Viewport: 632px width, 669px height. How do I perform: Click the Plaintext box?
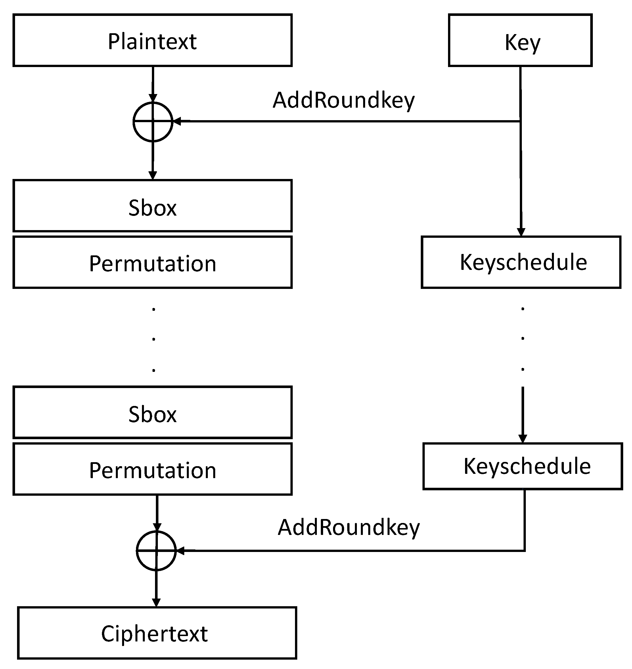coord(152,40)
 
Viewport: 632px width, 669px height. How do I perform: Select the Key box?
coord(520,40)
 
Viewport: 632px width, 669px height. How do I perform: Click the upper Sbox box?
coord(152,206)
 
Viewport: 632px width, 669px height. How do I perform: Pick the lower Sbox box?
coord(152,412)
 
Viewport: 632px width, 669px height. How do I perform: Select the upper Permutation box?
coord(152,262)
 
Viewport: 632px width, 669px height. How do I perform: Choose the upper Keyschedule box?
coord(520,262)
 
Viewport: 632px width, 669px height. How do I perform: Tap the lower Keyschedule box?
coord(522,466)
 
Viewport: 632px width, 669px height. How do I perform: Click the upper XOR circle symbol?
coord(153,122)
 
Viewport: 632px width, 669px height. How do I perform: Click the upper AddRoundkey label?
coord(343,101)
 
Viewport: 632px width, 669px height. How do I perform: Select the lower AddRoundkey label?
coord(348,528)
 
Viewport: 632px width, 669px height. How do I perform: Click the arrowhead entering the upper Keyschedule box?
coord(521,232)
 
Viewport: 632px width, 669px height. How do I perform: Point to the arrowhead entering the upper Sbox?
coord(153,175)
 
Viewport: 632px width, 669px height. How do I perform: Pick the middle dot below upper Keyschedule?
coord(522,338)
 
